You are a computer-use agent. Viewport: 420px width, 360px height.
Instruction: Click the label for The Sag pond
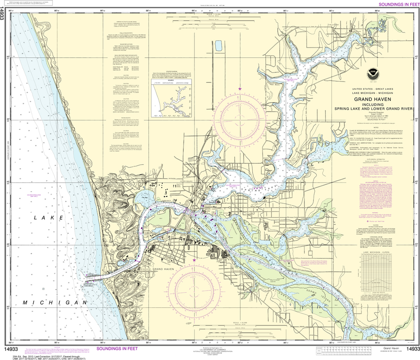pyautogui.click(x=145, y=198)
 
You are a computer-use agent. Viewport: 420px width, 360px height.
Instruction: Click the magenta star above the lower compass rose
pyautogui.click(x=194, y=259)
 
